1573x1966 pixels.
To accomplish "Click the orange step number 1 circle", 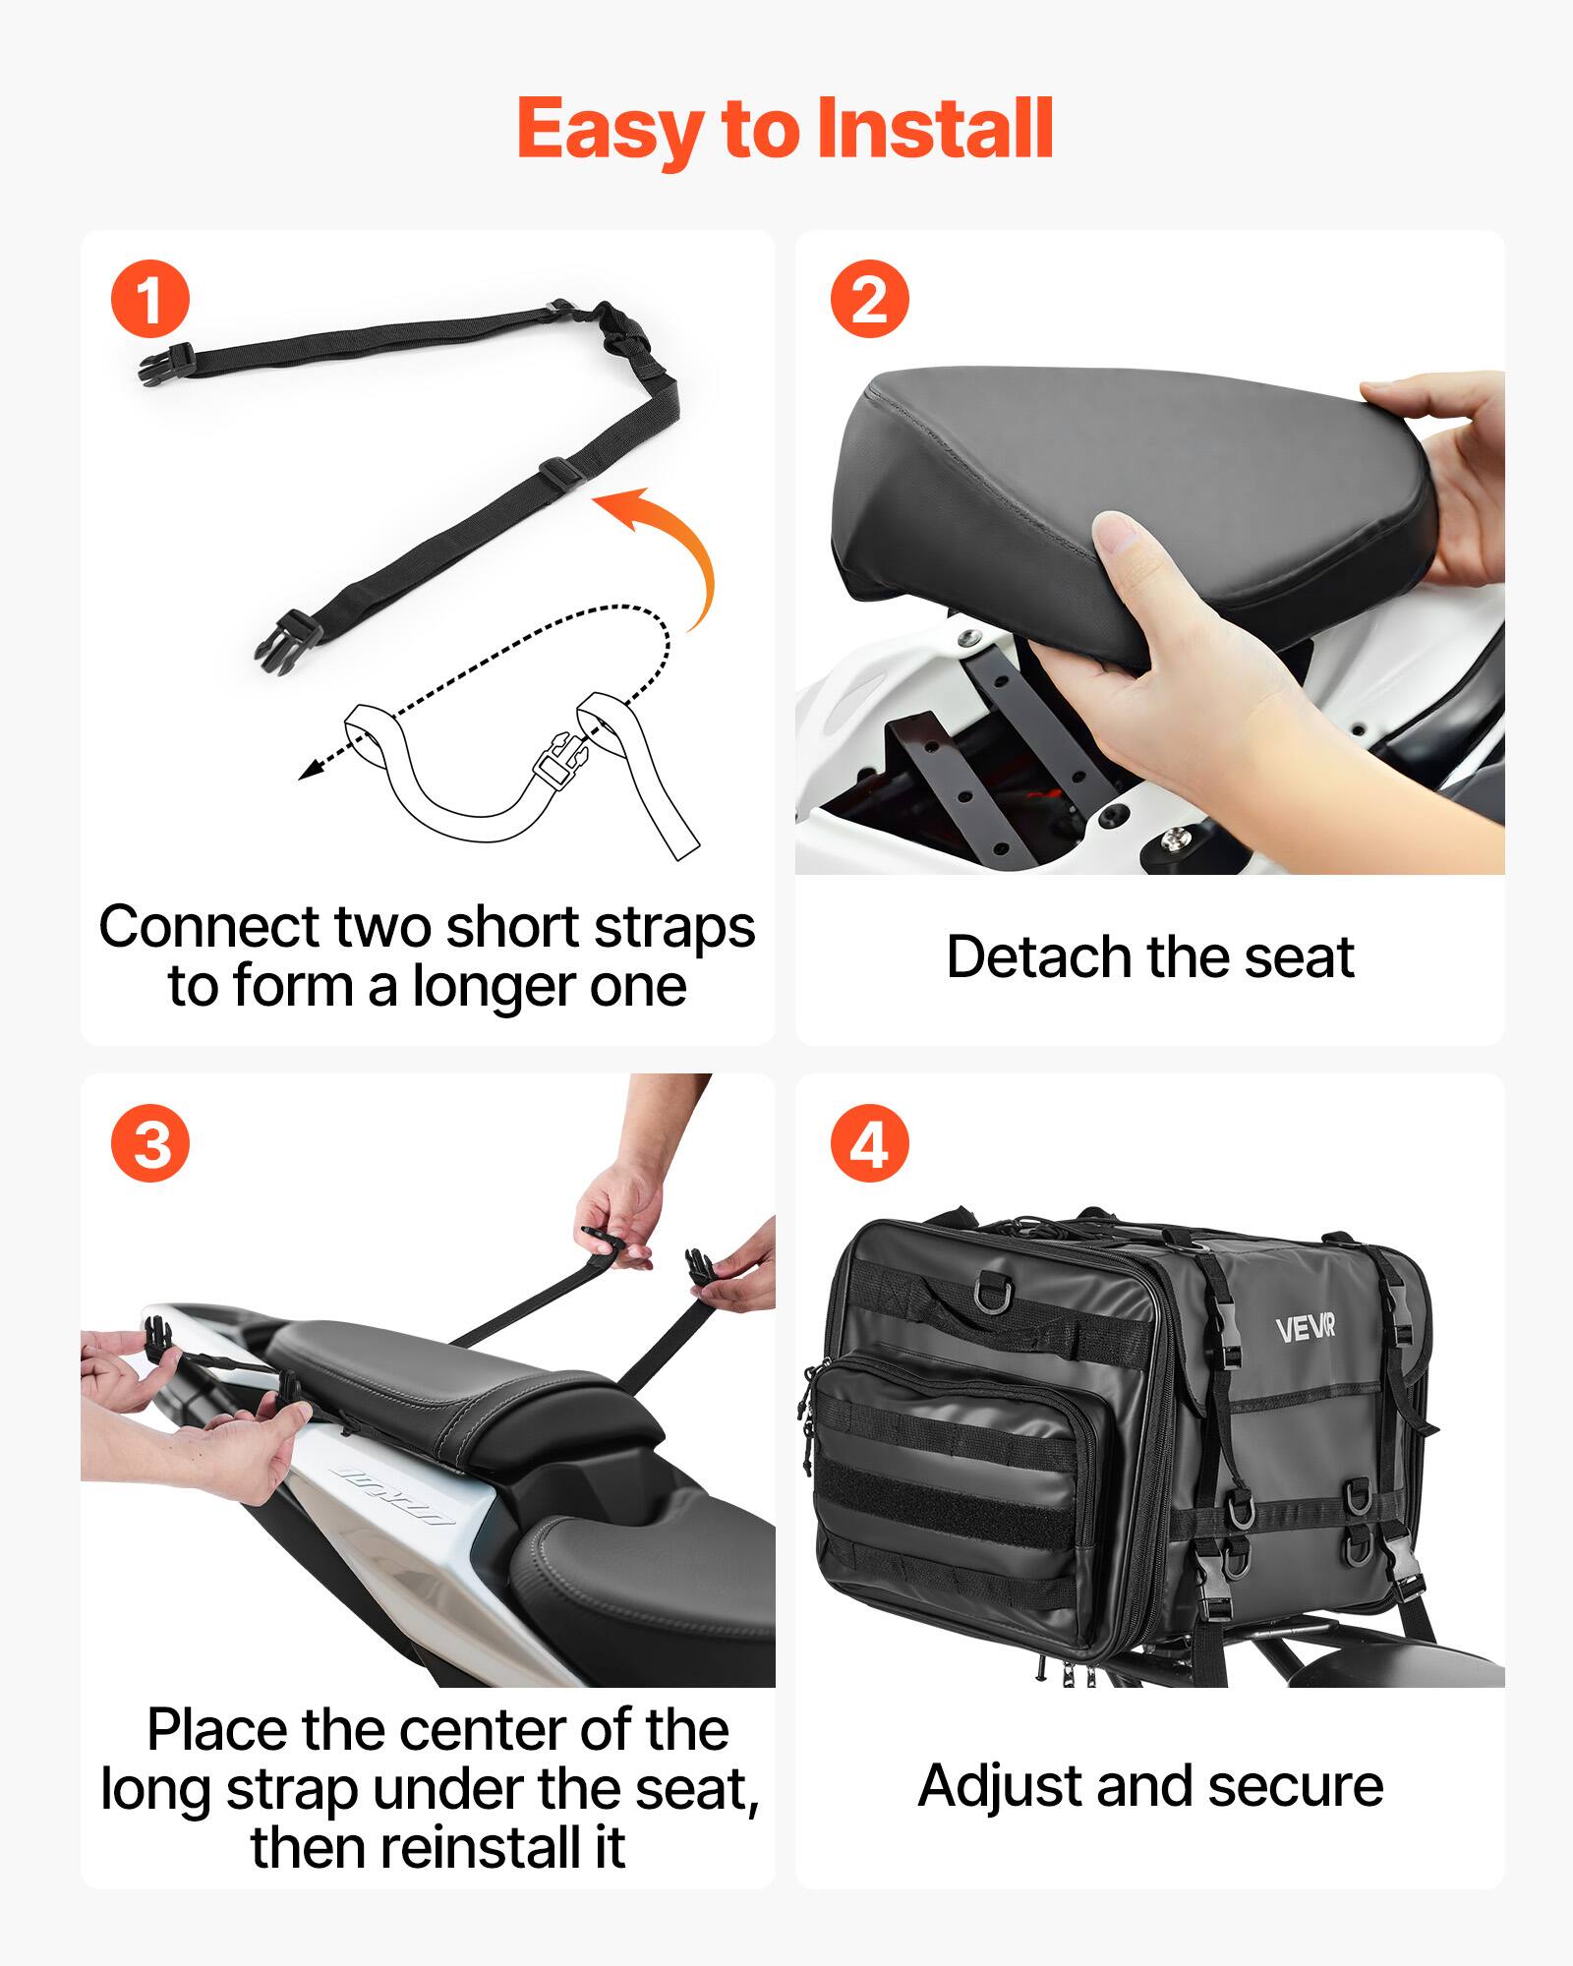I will [x=149, y=299].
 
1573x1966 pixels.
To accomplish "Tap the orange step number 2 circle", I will [x=869, y=299].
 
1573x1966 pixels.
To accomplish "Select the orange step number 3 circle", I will [x=149, y=1144].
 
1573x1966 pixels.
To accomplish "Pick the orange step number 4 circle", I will [x=869, y=1144].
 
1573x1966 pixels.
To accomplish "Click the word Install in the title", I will [x=934, y=130].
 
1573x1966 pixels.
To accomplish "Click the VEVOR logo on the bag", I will [x=1305, y=1329].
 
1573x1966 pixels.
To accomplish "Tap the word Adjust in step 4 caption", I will [x=999, y=1786].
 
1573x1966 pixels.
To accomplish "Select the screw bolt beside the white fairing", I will [x=1175, y=838].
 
